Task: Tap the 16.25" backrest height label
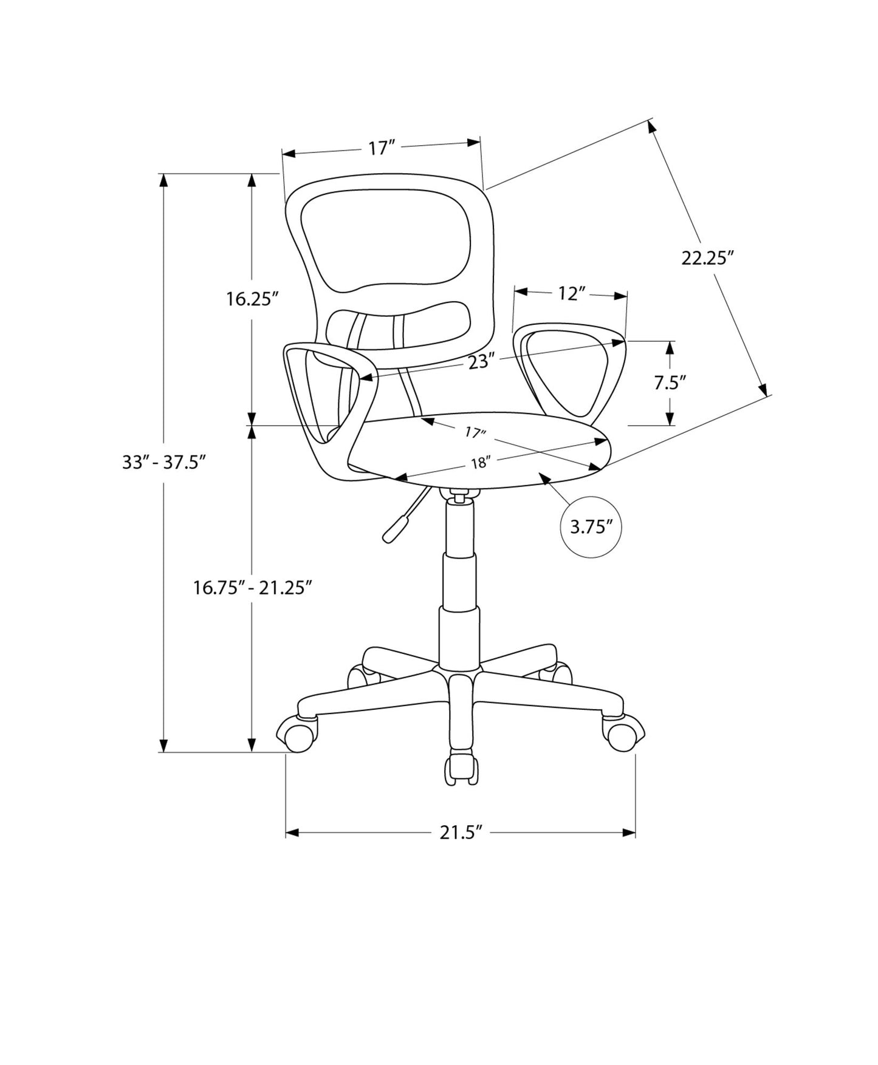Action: pyautogui.click(x=252, y=299)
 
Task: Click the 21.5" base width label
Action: pyautogui.click(x=461, y=832)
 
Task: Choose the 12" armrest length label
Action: pyautogui.click(x=571, y=294)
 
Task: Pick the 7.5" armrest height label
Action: pyautogui.click(x=670, y=383)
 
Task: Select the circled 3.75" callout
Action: pyautogui.click(x=590, y=527)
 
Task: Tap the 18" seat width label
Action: pyautogui.click(x=479, y=463)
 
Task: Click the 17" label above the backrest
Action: pyautogui.click(x=382, y=148)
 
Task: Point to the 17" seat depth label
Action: pyautogui.click(x=475, y=433)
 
